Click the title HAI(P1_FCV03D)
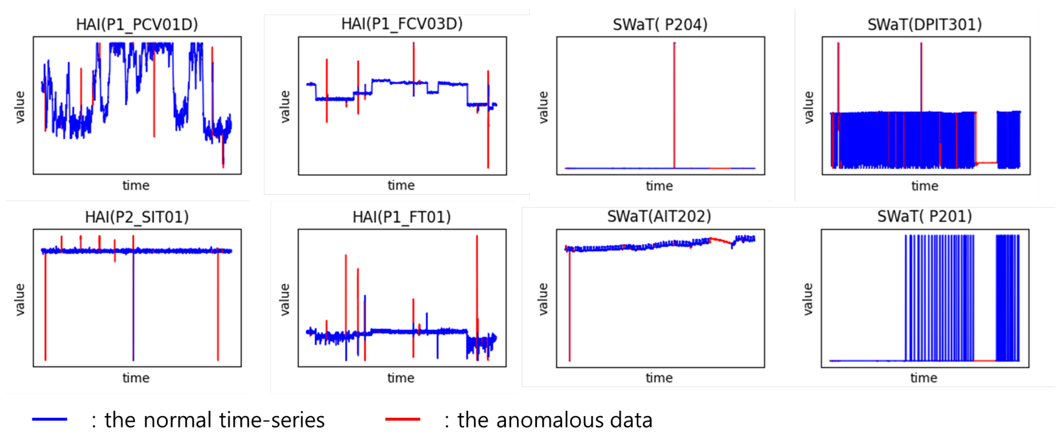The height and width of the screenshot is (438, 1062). tap(402, 24)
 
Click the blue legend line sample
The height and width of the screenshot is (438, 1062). tap(49, 419)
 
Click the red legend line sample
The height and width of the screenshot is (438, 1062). tap(403, 419)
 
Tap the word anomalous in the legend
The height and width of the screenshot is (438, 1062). tap(550, 420)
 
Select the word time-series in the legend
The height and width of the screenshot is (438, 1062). tap(272, 420)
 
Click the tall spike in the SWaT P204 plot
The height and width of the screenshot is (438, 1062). tap(674, 103)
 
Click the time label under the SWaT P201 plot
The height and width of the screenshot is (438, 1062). tap(924, 378)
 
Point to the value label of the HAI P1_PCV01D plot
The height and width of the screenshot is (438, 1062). tap(20, 107)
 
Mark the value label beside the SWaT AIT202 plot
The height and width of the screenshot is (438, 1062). tap(543, 299)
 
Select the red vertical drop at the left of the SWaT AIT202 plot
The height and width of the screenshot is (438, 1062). tap(570, 305)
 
